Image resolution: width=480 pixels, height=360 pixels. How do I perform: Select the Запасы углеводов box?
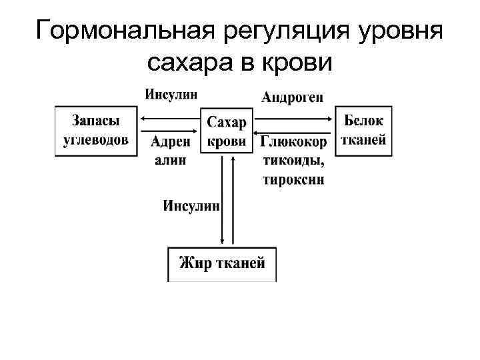coord(96,131)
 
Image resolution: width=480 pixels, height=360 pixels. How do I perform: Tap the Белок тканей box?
coord(363,131)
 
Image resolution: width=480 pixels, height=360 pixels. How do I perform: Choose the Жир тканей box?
coord(221,263)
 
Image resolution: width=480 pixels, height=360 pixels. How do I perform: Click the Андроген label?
coord(293,97)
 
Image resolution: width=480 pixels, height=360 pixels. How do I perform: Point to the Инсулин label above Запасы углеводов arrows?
coord(171,94)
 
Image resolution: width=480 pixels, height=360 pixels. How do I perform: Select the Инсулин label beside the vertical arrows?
coord(191,206)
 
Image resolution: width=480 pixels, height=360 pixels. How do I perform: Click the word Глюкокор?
coord(294,142)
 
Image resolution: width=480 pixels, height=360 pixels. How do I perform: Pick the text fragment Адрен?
coord(171,142)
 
